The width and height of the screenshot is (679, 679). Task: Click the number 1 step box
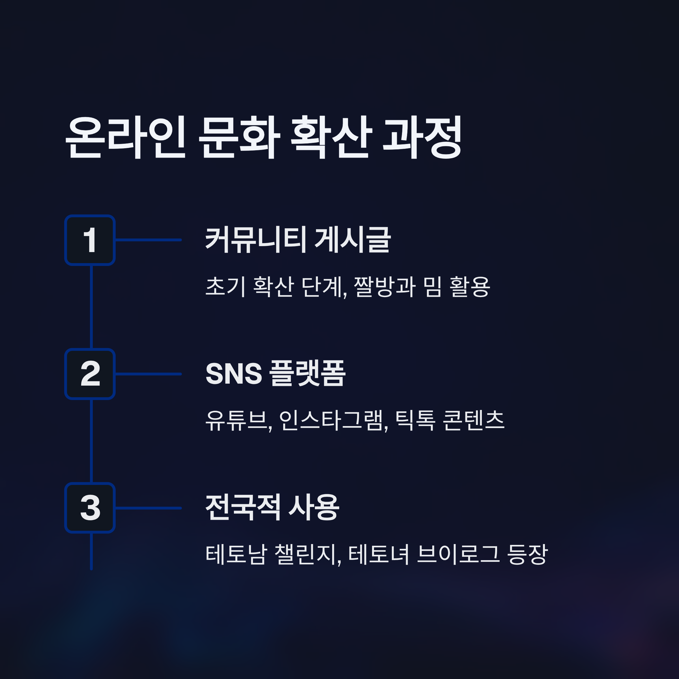[x=90, y=240]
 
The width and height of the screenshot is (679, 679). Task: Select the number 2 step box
[x=90, y=374]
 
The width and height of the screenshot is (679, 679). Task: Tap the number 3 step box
[x=90, y=508]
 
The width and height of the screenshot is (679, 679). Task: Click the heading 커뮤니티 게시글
[x=298, y=240]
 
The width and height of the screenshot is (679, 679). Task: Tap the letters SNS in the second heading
[x=234, y=374]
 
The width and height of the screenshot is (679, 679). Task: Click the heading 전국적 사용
[x=272, y=508]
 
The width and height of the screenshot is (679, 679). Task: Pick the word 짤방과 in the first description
[x=385, y=286]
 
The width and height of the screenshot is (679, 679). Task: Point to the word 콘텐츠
[x=473, y=420]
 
